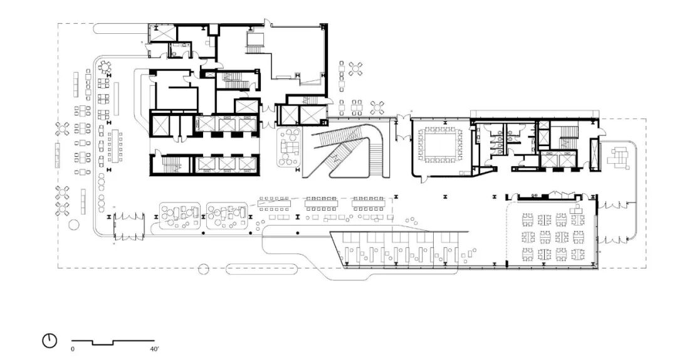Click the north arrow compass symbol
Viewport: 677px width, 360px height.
coord(50,341)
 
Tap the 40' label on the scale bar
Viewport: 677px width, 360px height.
coord(154,348)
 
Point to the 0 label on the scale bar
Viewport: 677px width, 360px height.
coord(73,348)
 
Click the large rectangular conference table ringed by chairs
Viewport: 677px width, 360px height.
coord(441,144)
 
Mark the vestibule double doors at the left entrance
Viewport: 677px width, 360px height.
coord(129,226)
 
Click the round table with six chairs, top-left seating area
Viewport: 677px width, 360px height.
coord(105,67)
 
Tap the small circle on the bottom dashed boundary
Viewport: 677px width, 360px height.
coord(203,269)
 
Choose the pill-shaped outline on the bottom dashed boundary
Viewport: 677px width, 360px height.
coord(261,269)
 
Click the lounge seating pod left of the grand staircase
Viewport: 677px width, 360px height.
coord(289,147)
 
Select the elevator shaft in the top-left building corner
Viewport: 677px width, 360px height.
coord(162,33)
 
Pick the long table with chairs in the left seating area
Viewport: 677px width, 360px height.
coord(115,146)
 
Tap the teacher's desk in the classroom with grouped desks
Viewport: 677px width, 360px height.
coord(577,209)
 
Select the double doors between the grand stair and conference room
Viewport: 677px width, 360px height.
coord(403,127)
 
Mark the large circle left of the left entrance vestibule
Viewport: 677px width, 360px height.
coord(74,225)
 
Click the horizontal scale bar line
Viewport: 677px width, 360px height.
coord(113,342)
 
